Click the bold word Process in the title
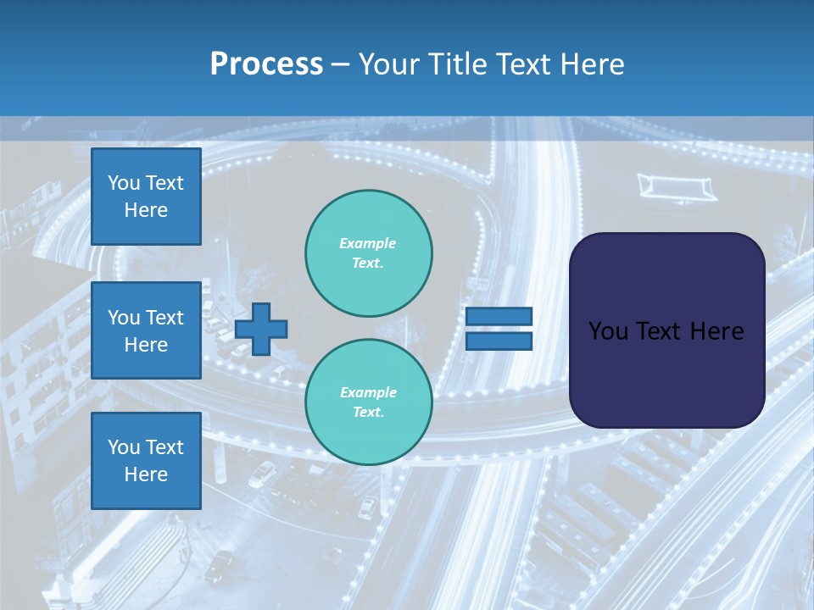266,64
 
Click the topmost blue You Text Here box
146,197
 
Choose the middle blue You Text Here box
146,330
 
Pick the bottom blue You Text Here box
146,461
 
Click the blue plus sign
261,329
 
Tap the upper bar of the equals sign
499,316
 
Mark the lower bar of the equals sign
499,341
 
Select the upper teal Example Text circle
368,252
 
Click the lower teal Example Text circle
368,402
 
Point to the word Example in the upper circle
368,243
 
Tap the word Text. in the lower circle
368,413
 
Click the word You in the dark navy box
607,331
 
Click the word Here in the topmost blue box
146,210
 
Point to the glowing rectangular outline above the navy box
677,186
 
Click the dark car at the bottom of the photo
220,563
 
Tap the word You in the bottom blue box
124,447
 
